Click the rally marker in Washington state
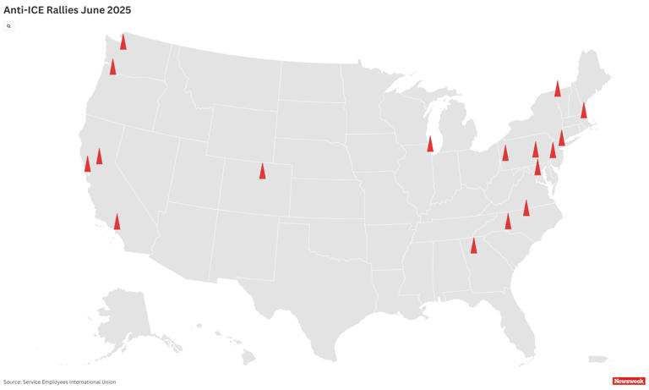(x=123, y=41)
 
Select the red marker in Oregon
(x=113, y=67)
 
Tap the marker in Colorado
(x=262, y=171)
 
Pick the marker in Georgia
(x=473, y=245)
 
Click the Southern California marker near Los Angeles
(x=117, y=222)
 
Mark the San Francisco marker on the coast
(x=87, y=163)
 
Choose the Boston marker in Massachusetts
(x=583, y=110)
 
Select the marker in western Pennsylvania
(x=505, y=153)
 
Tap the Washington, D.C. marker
(x=537, y=168)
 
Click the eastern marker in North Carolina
(x=526, y=208)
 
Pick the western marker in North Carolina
(x=508, y=222)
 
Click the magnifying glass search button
(x=9, y=26)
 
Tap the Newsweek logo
(x=628, y=381)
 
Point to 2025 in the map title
(x=118, y=9)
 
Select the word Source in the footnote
(x=14, y=382)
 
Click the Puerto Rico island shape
(x=598, y=359)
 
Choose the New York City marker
(x=562, y=138)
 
